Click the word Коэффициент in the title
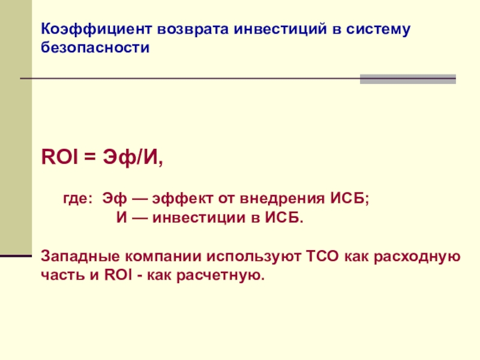pyautogui.click(x=96, y=29)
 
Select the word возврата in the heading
pyautogui.click(x=193, y=29)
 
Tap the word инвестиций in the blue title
pyautogui.click(x=280, y=29)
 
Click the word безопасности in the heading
pyautogui.click(x=95, y=47)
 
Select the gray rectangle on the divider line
pyautogui.click(x=408, y=79)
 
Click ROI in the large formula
pyautogui.click(x=59, y=157)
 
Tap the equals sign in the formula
pyautogui.click(x=90, y=157)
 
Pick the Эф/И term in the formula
pyautogui.click(x=133, y=157)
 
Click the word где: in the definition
pyautogui.click(x=78, y=199)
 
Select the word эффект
pyautogui.click(x=182, y=199)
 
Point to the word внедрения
pyautogui.click(x=282, y=199)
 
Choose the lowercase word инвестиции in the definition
pyautogui.click(x=199, y=218)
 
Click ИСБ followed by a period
pyautogui.click(x=284, y=218)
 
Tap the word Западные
pyautogui.click(x=80, y=256)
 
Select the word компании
pyautogui.click(x=163, y=256)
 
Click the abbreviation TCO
pyautogui.click(x=322, y=256)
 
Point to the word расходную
pyautogui.click(x=417, y=257)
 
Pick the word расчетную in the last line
pyautogui.click(x=220, y=275)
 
